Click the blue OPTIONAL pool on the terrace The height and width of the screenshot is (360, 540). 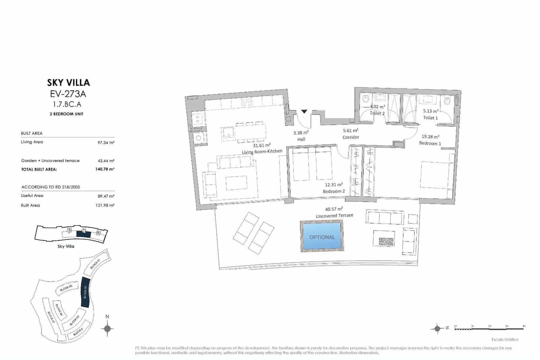coord(322,236)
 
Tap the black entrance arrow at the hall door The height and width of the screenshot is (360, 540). coord(304,111)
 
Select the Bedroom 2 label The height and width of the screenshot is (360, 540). coord(334,191)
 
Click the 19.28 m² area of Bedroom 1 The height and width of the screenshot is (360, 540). coord(430,137)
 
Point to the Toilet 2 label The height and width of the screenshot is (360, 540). coord(377,113)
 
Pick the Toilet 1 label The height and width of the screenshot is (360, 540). coord(430,118)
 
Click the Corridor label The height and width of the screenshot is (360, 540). coord(351,137)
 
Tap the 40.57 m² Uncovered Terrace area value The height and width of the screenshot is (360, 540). coord(334,209)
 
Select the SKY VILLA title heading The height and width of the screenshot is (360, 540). coord(69,83)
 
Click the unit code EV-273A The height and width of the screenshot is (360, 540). coord(68,94)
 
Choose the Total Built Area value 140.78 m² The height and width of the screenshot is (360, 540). coord(105,169)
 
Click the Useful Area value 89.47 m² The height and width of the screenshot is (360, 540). coord(106,196)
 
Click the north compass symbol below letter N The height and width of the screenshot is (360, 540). coord(107,329)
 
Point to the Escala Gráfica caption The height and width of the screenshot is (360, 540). coord(505,339)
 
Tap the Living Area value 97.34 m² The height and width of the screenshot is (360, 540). coord(106,143)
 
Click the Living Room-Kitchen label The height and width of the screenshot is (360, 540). coord(262,152)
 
